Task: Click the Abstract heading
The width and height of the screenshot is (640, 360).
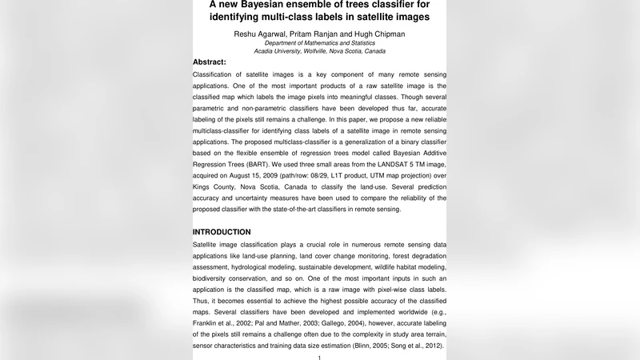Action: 210,62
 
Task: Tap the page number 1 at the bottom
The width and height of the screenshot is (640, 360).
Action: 319,357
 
